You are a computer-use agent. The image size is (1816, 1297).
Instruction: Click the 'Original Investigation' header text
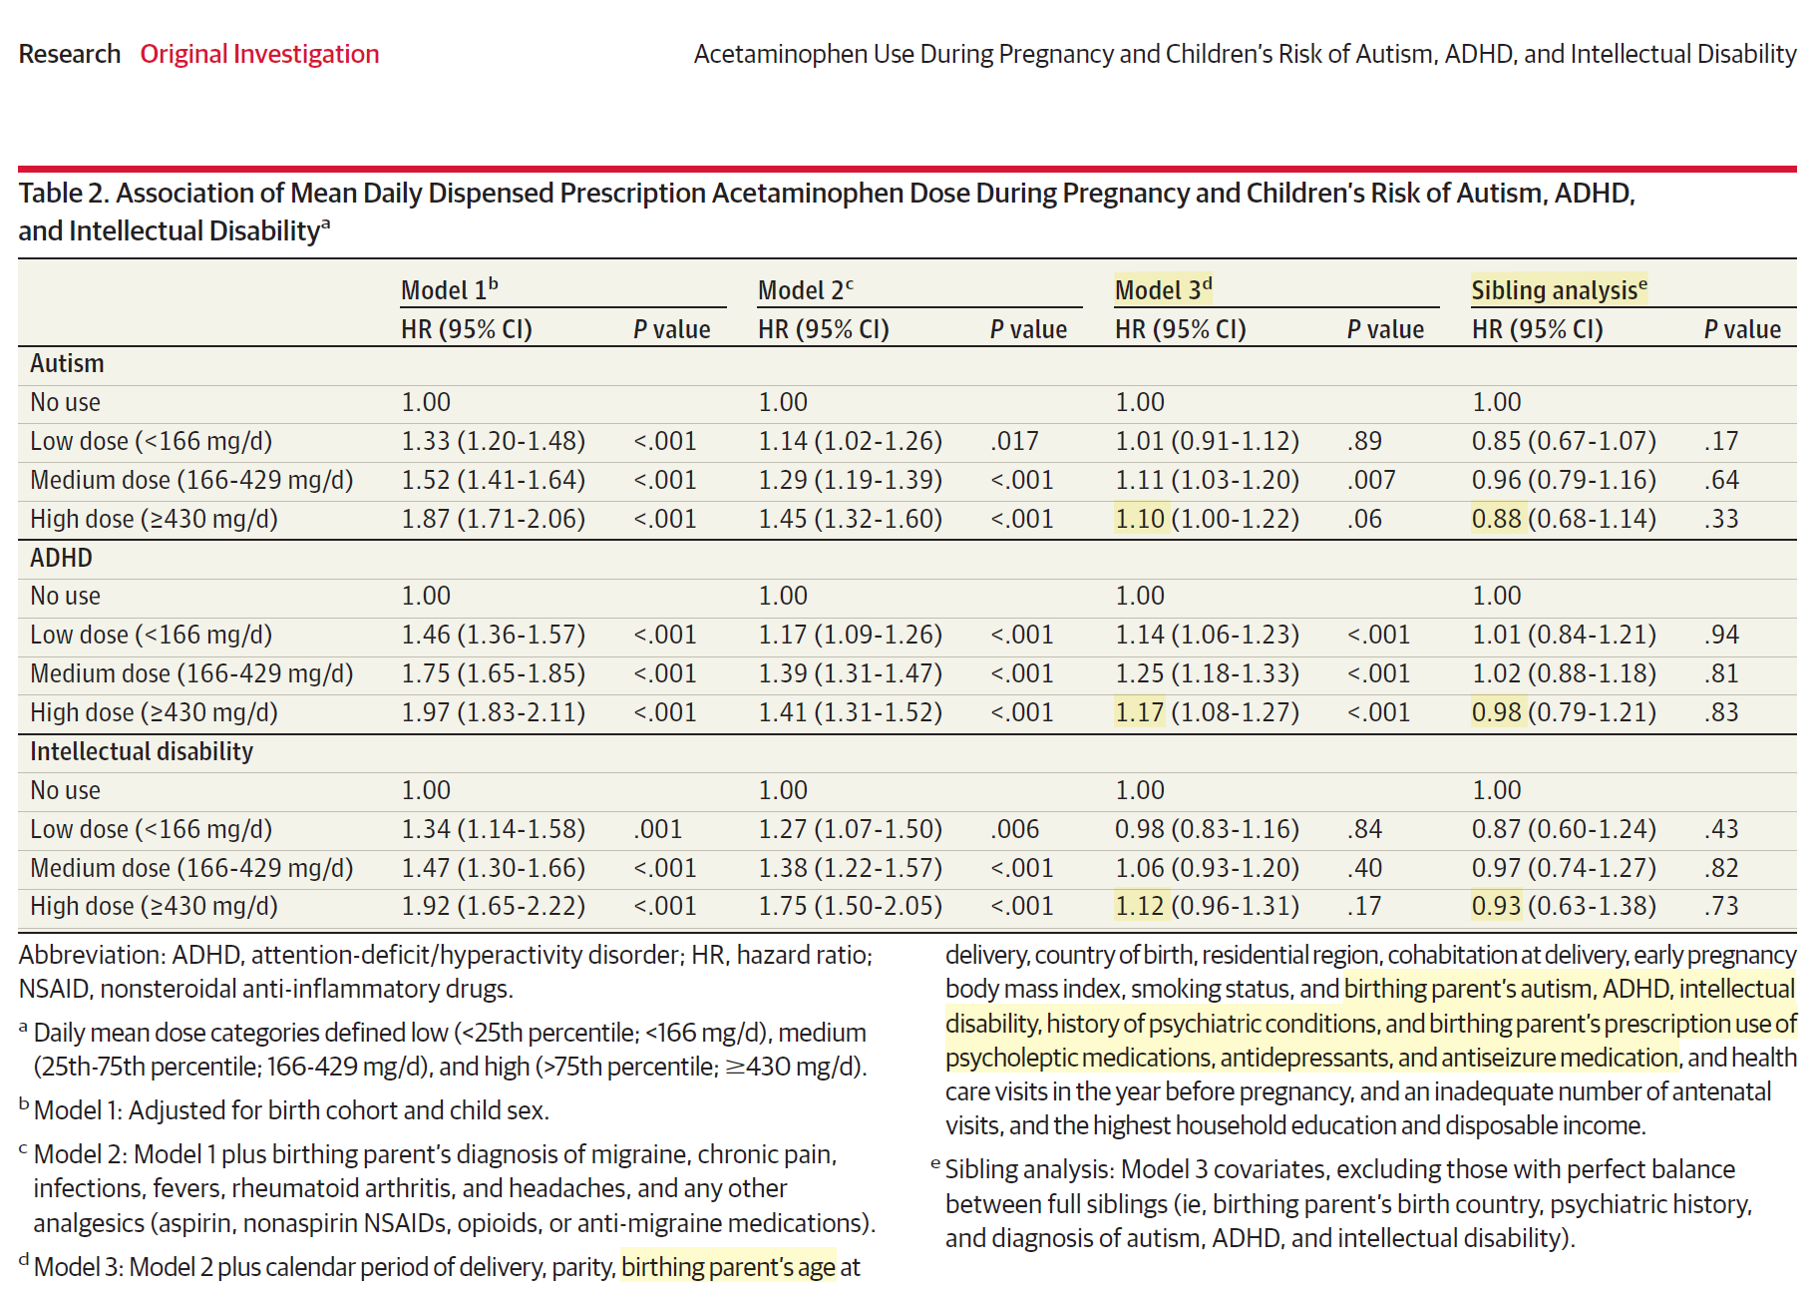click(259, 54)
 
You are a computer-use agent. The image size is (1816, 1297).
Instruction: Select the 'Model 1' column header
click(449, 290)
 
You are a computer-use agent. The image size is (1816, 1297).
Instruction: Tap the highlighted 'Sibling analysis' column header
click(1559, 290)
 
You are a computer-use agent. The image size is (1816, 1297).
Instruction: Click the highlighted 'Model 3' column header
click(1163, 290)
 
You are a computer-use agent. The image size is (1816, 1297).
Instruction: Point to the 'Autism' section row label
click(67, 363)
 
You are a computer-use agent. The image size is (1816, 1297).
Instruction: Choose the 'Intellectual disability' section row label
click(142, 751)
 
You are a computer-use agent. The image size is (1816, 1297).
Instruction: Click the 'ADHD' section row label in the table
click(61, 558)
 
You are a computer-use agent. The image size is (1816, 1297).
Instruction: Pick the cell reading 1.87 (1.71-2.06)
click(493, 519)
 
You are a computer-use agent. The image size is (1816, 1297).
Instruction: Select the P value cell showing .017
click(1014, 441)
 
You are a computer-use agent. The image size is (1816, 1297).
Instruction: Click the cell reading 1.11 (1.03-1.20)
click(1207, 480)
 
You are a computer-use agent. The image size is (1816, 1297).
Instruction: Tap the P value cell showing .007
click(1371, 480)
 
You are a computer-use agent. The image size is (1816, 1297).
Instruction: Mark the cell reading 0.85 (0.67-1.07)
click(1564, 441)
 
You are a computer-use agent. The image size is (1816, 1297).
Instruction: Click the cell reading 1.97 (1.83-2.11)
click(493, 712)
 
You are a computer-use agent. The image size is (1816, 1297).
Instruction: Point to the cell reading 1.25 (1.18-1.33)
click(1207, 673)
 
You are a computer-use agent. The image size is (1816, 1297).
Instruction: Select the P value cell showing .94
click(1722, 635)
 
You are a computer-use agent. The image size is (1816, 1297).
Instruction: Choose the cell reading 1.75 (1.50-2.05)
click(850, 906)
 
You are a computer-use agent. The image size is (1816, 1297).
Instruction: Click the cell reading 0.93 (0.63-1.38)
click(1564, 906)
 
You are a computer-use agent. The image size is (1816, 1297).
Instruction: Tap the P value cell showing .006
click(1014, 829)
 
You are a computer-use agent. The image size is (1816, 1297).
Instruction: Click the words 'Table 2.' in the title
click(63, 194)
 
